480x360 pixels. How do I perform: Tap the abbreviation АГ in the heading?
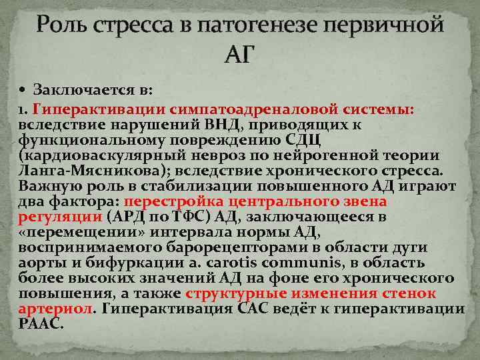[x=240, y=54]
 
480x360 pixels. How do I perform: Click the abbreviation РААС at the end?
[x=40, y=324]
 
